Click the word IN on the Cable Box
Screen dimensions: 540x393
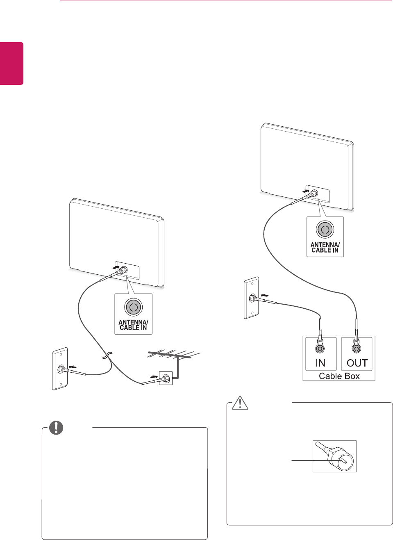[x=320, y=363]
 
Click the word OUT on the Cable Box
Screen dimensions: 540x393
[x=357, y=363]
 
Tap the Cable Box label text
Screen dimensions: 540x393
[x=339, y=376]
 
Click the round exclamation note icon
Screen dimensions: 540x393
[x=56, y=427]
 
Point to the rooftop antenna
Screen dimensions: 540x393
[x=174, y=355]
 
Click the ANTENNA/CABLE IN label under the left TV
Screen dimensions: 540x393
[x=133, y=325]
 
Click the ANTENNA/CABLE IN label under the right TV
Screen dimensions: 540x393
[x=325, y=248]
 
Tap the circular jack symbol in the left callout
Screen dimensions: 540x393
[x=133, y=307]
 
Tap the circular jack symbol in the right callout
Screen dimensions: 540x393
[x=325, y=230]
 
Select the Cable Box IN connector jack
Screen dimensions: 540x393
[x=320, y=349]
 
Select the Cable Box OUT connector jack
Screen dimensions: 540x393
[x=357, y=349]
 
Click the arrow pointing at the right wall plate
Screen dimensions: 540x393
[x=265, y=295]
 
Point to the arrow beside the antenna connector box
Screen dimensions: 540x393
[x=154, y=376]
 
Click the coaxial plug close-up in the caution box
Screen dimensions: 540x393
[x=335, y=456]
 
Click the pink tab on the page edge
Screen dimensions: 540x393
[x=11, y=64]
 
